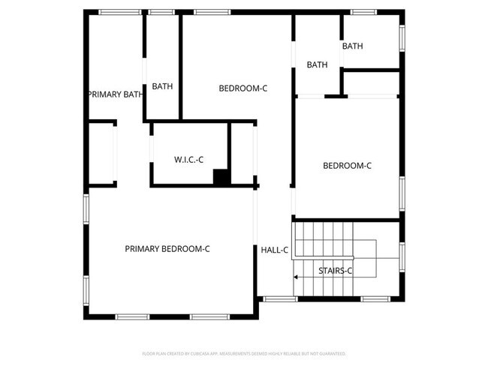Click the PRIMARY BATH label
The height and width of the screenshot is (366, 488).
click(115, 94)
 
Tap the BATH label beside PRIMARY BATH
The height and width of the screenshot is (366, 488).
click(162, 86)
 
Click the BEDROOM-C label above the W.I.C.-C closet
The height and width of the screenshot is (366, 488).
click(242, 88)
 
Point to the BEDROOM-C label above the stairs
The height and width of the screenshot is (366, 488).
click(347, 166)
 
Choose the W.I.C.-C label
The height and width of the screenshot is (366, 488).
click(190, 159)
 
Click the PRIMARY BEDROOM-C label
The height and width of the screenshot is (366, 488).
click(167, 249)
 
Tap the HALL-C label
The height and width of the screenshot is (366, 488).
click(275, 250)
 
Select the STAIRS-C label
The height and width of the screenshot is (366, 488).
click(336, 270)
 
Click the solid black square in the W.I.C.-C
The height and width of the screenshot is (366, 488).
click(221, 178)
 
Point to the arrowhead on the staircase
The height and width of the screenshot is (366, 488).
click(297, 277)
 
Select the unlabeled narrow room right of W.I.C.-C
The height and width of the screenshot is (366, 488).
click(242, 154)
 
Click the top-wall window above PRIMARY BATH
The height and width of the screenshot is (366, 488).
click(119, 12)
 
